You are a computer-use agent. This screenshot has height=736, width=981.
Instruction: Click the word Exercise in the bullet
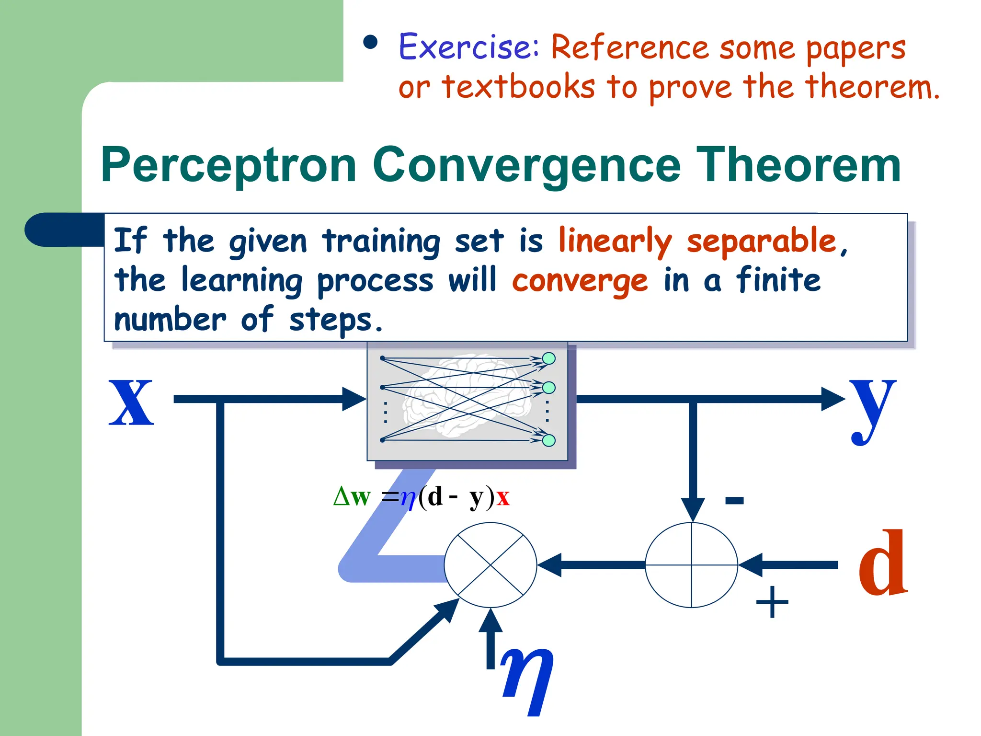468,47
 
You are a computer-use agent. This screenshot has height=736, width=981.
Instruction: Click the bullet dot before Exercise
370,43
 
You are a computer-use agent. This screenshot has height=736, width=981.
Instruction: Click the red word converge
580,281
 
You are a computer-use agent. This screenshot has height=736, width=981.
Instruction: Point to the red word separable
762,241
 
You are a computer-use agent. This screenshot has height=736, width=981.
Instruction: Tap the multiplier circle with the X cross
490,565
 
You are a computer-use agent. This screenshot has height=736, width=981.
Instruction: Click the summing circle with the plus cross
691,565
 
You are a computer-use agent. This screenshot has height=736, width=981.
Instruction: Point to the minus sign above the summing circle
734,501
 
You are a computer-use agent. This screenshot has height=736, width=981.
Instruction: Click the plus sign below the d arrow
772,602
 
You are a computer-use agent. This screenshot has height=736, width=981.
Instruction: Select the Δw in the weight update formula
352,497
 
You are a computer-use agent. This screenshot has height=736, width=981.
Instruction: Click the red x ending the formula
503,497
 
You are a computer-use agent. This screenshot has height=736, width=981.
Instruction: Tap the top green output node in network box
548,358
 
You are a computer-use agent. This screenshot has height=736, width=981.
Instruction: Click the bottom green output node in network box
548,440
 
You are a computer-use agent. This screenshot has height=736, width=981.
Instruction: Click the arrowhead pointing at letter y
833,399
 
